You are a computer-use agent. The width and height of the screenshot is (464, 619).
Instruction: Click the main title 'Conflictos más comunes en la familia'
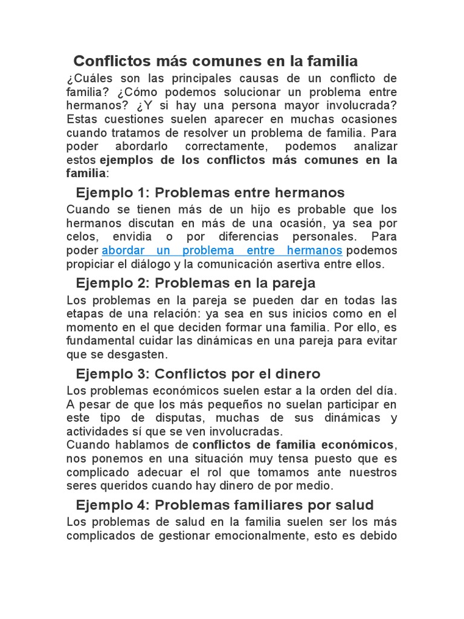pyautogui.click(x=216, y=61)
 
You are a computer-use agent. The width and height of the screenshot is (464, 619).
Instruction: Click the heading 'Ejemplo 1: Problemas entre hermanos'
pyautogui.click(x=210, y=193)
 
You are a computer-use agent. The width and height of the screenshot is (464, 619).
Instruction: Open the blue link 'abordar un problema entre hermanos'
pyautogui.click(x=222, y=250)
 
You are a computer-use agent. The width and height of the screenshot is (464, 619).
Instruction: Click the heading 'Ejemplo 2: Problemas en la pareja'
pyautogui.click(x=196, y=283)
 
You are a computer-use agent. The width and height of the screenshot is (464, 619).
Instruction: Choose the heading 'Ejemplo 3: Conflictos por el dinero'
pyautogui.click(x=198, y=374)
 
